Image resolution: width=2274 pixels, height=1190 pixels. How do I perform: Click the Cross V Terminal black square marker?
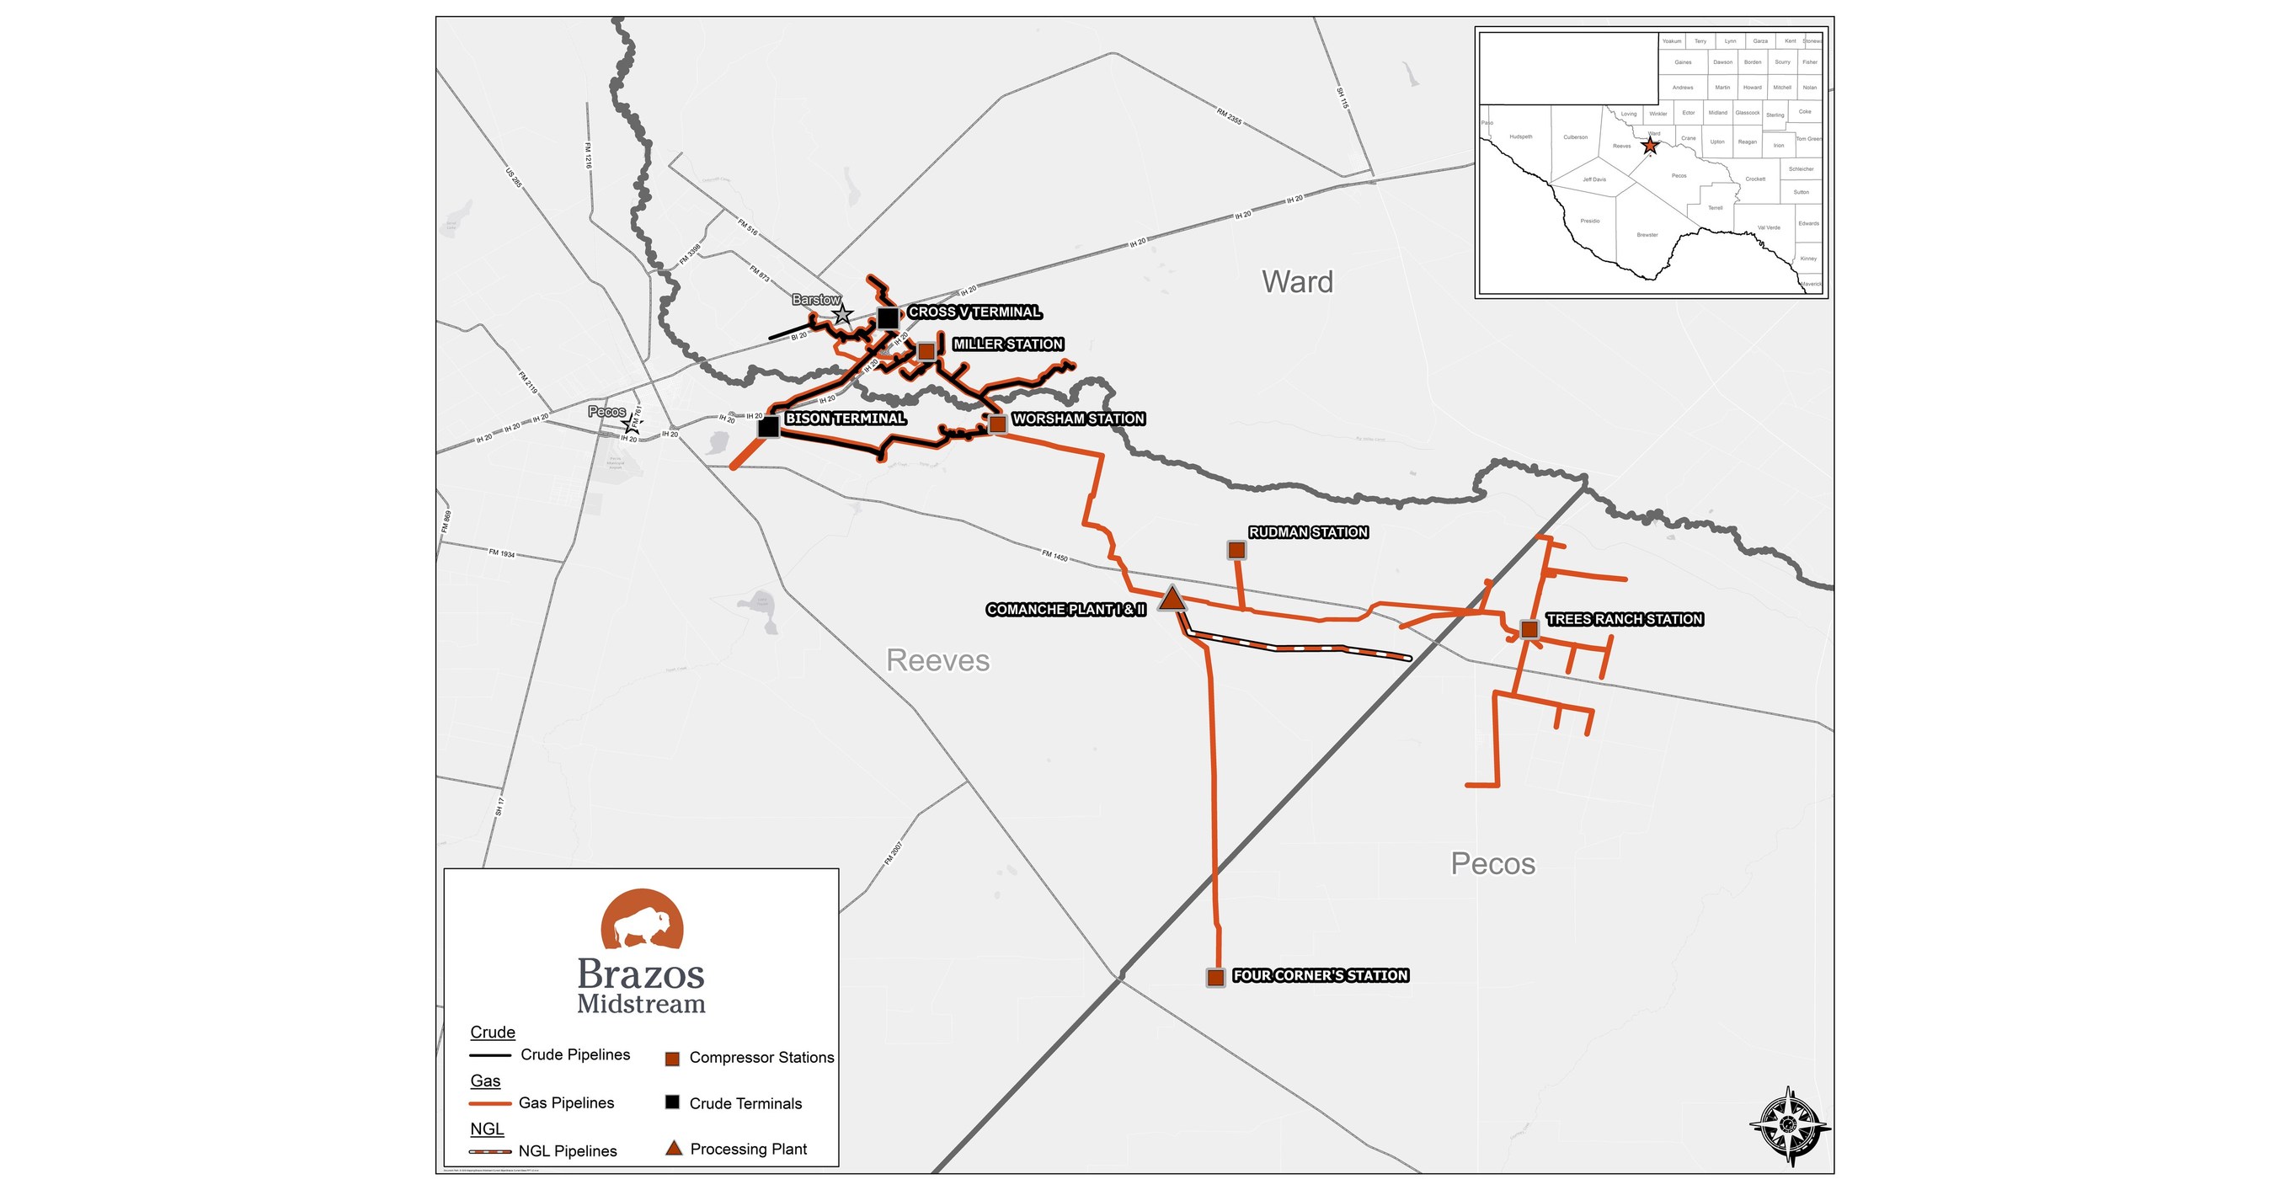(x=888, y=318)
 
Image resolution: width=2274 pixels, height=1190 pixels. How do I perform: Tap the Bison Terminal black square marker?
(x=769, y=427)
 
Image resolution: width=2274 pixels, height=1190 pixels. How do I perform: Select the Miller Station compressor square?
(x=926, y=351)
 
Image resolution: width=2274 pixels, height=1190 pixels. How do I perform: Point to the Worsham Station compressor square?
(x=997, y=424)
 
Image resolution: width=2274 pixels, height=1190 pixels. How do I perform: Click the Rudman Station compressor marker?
(x=1236, y=551)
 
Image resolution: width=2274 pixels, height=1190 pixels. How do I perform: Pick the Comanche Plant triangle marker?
(x=1172, y=600)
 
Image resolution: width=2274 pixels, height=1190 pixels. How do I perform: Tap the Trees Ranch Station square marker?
(x=1529, y=629)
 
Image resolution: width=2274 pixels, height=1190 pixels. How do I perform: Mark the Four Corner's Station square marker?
(x=1215, y=977)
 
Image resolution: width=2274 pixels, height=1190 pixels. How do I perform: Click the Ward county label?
(x=1298, y=281)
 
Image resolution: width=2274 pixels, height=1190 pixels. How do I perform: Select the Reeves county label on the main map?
(x=937, y=660)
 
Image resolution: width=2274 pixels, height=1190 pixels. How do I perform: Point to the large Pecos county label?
(x=1492, y=863)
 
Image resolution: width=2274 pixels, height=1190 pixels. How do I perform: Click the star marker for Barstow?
(x=843, y=314)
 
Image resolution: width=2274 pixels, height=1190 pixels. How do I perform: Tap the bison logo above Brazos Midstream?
(x=642, y=921)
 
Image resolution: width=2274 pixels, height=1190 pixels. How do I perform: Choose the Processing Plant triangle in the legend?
(x=674, y=1149)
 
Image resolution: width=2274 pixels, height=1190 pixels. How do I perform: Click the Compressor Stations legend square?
(x=672, y=1059)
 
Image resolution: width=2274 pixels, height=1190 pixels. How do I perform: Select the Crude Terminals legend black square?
(x=672, y=1102)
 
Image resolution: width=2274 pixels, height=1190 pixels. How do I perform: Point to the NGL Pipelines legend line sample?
(x=490, y=1151)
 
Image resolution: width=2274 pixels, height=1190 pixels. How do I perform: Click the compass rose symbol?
(x=1790, y=1125)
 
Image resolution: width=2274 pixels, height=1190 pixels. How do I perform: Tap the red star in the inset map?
(x=1650, y=147)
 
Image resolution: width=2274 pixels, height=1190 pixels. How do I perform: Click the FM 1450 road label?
(x=1055, y=555)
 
